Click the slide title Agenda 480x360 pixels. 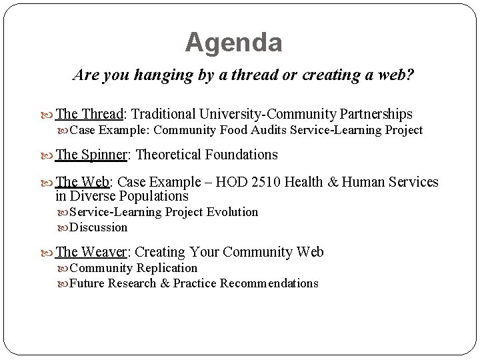233,43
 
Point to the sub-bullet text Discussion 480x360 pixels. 98,227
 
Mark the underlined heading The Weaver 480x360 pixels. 93,252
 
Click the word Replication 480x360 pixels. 167,268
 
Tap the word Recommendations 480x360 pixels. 269,283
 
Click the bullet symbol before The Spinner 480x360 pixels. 49,155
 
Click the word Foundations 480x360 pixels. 243,155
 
